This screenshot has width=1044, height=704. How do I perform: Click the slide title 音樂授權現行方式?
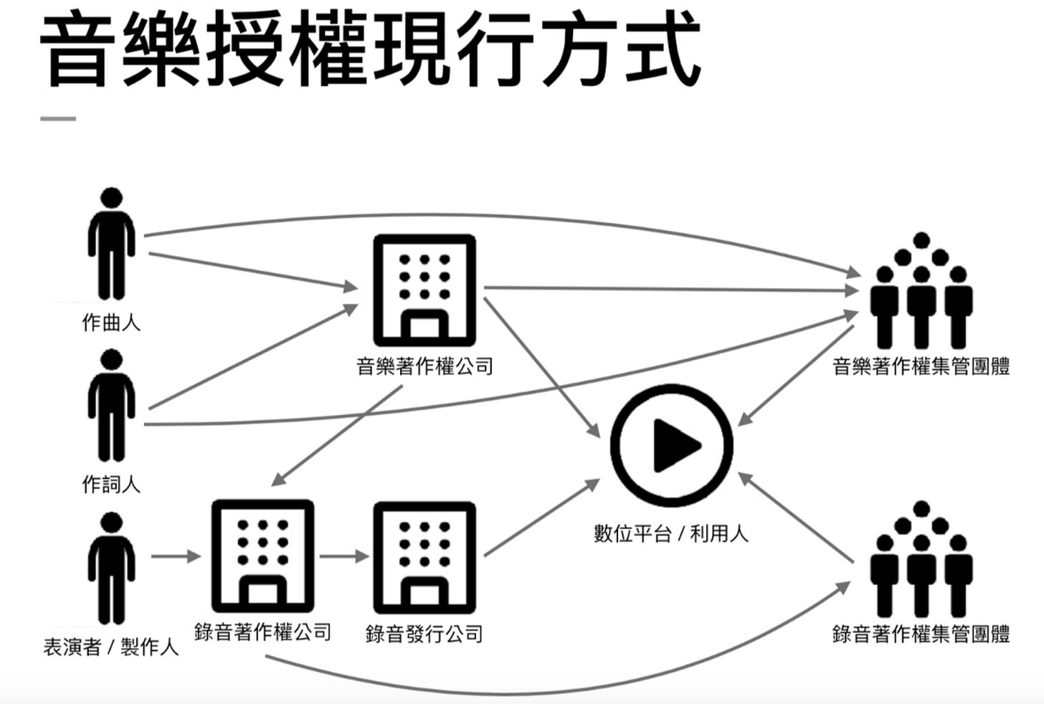(369, 50)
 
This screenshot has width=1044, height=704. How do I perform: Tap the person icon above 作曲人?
(111, 244)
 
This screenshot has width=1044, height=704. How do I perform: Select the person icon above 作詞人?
(111, 405)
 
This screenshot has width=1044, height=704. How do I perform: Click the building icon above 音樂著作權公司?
(424, 290)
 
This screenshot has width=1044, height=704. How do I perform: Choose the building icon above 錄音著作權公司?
(262, 556)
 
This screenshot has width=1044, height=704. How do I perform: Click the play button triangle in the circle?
(674, 444)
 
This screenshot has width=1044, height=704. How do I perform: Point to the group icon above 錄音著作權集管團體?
(921, 559)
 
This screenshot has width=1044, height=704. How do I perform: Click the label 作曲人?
(111, 323)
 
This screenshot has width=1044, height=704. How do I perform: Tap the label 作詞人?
(111, 485)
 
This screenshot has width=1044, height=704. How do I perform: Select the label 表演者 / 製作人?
(111, 648)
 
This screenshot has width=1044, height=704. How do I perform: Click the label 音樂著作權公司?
(424, 367)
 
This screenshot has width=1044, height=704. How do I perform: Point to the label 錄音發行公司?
(424, 634)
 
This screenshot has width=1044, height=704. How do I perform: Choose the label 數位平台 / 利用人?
(671, 533)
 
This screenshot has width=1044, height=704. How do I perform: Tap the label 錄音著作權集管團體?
(921, 634)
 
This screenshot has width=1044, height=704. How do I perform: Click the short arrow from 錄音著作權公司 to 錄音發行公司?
(344, 556)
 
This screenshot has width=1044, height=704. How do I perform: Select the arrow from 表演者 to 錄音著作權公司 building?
(175, 556)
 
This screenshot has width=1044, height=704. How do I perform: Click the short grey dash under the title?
(58, 119)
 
